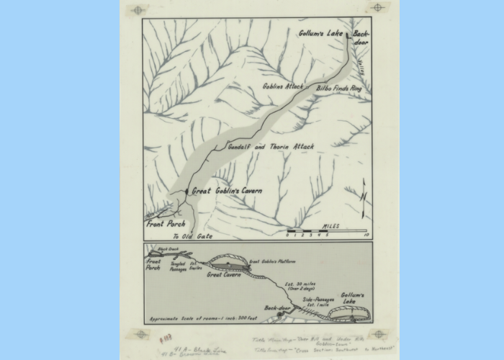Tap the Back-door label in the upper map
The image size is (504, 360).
pyautogui.click(x=361, y=37)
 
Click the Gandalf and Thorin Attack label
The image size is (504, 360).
pyautogui.click(x=271, y=146)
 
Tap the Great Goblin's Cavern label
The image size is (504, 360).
pyautogui.click(x=227, y=191)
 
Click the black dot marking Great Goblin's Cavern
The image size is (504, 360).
pyautogui.click(x=187, y=191)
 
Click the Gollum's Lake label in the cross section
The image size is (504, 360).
pyautogui.click(x=353, y=297)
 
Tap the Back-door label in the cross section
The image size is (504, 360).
pyautogui.click(x=276, y=307)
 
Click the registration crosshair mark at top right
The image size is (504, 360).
pyautogui.click(x=377, y=7)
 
